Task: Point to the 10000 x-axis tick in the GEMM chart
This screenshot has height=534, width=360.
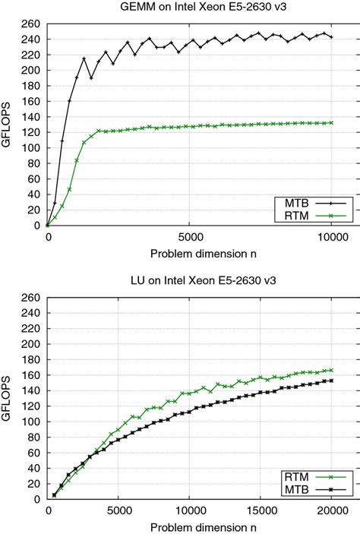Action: pos(331,236)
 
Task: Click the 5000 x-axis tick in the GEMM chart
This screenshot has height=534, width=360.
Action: pos(189,236)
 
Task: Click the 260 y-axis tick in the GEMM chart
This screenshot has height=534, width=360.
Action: pos(33,24)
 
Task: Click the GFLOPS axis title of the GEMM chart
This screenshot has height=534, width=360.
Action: pos(9,125)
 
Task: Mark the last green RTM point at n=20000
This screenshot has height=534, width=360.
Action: pos(331,370)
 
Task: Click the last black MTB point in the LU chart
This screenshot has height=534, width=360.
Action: pos(331,381)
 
